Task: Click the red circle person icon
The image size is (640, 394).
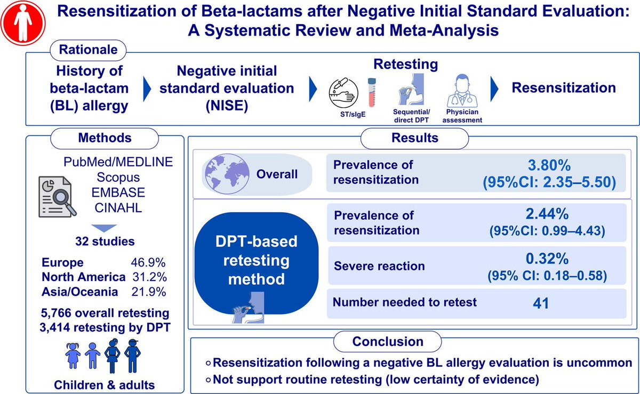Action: tap(22, 22)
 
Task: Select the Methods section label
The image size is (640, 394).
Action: tap(105, 138)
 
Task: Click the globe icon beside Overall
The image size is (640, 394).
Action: tap(225, 174)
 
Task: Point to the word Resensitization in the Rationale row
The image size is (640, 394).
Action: tap(564, 88)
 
